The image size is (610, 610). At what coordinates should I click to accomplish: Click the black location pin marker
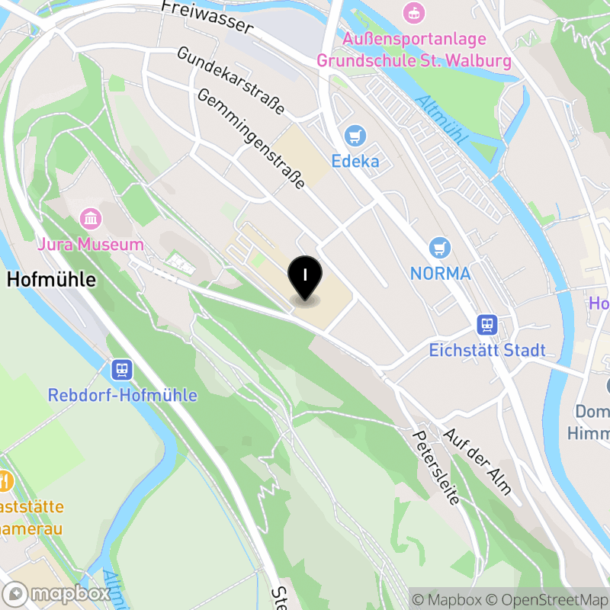point(305,279)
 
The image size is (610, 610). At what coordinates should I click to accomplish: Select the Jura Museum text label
point(91,245)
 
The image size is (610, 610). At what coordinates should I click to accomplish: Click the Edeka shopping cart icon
point(355,136)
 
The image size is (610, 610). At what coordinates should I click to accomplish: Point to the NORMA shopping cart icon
point(439,248)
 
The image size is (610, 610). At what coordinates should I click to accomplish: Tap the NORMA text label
point(440,272)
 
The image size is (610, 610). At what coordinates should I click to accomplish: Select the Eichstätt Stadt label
point(487,351)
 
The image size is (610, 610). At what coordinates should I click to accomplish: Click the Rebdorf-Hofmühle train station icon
point(122,371)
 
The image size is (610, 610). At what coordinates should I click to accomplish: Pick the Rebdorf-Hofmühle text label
point(122,395)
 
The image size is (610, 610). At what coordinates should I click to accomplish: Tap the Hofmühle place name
point(51,280)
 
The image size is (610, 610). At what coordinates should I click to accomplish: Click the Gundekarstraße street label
point(230,81)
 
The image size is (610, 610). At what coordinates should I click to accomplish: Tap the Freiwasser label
point(207,17)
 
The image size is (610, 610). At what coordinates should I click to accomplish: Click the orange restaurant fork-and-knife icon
point(5,481)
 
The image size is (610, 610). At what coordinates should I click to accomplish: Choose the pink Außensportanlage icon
point(414,12)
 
